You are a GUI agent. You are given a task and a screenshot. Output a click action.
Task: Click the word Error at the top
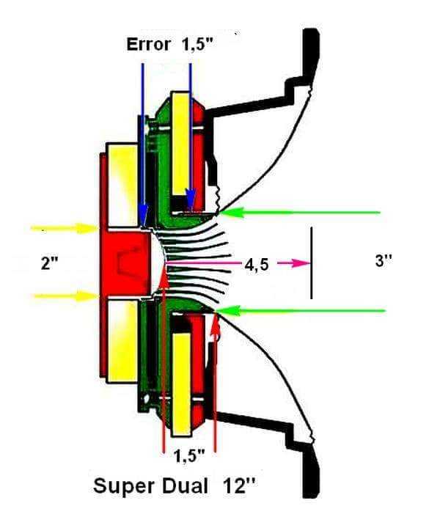148,45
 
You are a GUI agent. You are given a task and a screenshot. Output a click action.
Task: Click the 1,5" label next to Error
198,45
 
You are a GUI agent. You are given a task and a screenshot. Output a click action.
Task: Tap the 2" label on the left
49,263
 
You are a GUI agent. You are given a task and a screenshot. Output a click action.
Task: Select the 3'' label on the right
384,260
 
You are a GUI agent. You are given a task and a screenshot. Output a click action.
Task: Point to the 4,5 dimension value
257,265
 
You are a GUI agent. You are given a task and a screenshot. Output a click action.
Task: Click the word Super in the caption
124,487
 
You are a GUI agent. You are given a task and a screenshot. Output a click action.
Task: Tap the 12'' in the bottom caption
238,486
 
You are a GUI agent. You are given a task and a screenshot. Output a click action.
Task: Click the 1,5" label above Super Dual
189,456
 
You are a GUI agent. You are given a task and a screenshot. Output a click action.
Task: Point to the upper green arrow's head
231,213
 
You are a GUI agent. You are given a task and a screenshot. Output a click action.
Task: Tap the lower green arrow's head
228,310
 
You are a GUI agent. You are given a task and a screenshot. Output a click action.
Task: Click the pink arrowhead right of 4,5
301,263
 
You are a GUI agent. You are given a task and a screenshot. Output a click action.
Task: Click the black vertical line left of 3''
312,263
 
